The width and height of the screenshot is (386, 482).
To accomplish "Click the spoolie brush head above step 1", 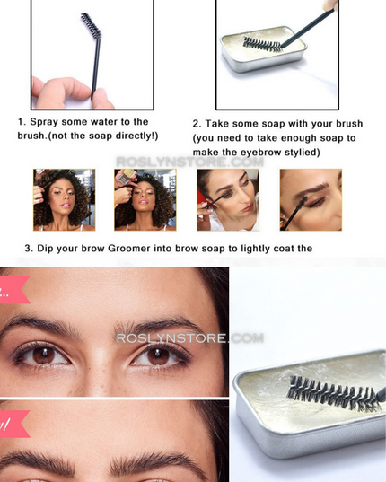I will (87, 24).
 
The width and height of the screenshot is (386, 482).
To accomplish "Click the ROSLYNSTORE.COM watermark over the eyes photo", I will (189, 338).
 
